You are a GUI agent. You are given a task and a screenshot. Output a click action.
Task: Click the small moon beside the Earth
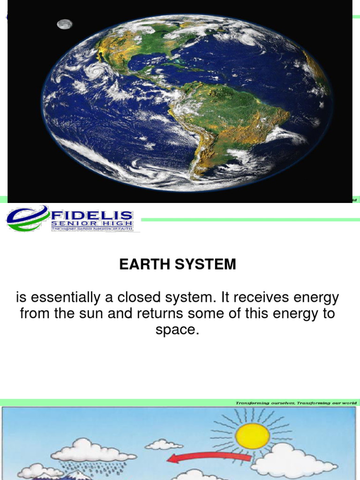click(65, 24)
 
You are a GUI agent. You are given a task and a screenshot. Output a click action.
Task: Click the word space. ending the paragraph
click(177, 330)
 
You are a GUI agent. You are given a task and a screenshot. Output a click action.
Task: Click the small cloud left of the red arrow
click(163, 444)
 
